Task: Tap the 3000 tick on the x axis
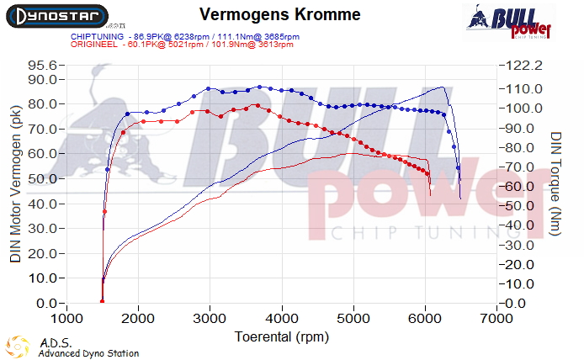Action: point(210,318)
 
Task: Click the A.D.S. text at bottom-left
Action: point(51,343)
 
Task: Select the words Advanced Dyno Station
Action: point(88,353)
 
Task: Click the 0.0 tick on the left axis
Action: point(47,304)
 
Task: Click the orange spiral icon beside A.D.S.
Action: point(17,346)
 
